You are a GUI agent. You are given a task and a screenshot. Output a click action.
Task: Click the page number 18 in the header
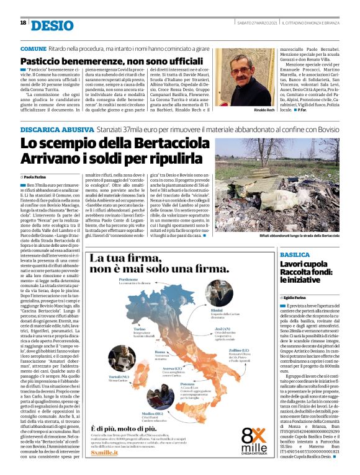tap(23, 23)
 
